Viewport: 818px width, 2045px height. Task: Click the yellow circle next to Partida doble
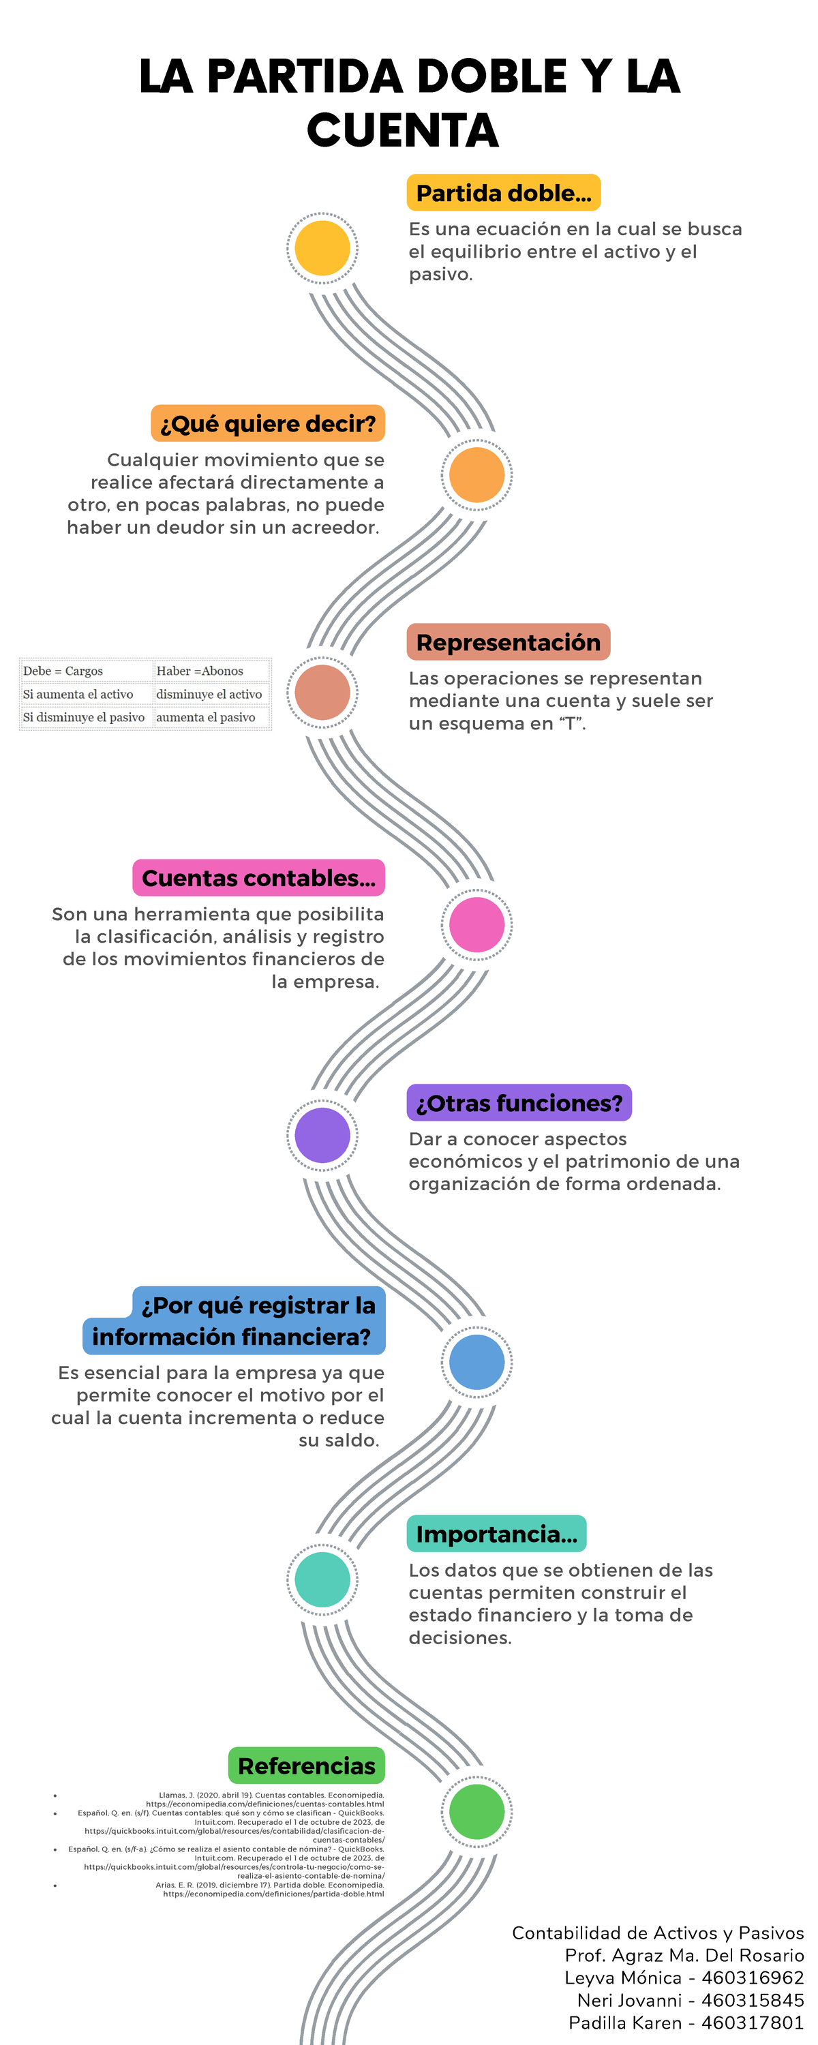click(322, 249)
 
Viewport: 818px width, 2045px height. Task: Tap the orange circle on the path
click(476, 474)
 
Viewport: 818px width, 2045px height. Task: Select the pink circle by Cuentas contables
click(476, 924)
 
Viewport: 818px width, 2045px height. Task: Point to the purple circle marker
click(322, 1134)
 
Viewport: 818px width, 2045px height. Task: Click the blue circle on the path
click(476, 1361)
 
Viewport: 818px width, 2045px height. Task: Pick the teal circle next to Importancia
click(322, 1579)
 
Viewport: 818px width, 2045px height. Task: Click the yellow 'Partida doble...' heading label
click(504, 193)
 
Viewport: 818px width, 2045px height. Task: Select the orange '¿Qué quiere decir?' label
click(268, 424)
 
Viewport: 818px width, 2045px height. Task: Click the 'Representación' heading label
click(509, 642)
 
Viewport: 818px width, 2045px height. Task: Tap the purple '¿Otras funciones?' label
click(519, 1103)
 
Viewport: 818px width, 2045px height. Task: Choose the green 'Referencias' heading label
click(307, 1766)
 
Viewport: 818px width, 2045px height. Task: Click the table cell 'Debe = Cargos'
click(63, 671)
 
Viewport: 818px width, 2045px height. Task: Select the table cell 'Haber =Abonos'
click(200, 671)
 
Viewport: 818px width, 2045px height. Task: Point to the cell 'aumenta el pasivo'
click(206, 717)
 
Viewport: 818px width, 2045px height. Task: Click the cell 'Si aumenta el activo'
click(78, 694)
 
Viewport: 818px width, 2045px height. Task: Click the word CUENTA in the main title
click(403, 130)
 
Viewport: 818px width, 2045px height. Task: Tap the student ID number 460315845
click(752, 2000)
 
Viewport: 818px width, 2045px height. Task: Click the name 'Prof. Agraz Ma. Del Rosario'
click(684, 1955)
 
